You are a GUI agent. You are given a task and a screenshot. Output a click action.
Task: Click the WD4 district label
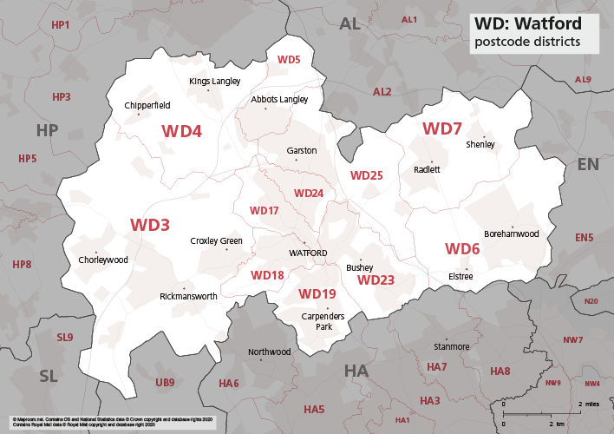(x=181, y=131)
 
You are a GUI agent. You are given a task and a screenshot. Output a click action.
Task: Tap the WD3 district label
(x=149, y=224)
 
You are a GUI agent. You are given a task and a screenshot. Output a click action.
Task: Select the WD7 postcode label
(x=441, y=128)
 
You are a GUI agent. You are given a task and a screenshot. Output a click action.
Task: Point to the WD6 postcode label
(x=462, y=249)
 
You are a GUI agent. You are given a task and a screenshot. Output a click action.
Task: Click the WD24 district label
(x=308, y=193)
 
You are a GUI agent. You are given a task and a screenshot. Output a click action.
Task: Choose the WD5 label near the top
(x=288, y=59)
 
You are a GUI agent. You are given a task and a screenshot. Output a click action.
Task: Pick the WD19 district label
(x=317, y=294)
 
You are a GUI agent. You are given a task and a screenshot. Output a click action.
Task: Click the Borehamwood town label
(x=511, y=233)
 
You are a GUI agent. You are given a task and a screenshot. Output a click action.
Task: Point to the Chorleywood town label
(x=102, y=260)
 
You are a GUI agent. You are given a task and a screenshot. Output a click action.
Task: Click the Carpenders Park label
(x=317, y=320)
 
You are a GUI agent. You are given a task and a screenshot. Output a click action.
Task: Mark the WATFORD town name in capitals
(x=308, y=253)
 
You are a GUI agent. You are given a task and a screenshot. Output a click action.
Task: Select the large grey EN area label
(x=587, y=164)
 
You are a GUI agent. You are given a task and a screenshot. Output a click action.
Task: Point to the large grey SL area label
(x=49, y=375)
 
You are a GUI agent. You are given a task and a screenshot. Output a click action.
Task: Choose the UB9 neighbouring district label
(x=165, y=382)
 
